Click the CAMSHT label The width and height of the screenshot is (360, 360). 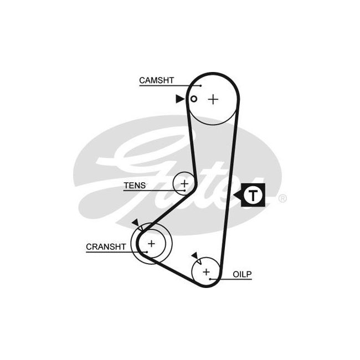[x=156, y=80]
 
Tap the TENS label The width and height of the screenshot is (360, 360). [x=135, y=186]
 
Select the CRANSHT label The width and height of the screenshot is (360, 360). [x=106, y=247]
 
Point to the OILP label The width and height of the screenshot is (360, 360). [x=242, y=274]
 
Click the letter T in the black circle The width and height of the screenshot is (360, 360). [x=253, y=196]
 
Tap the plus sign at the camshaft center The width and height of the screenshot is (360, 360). [x=213, y=99]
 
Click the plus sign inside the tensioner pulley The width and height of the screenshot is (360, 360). [x=184, y=183]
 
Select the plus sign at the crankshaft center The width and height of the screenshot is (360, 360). [x=151, y=243]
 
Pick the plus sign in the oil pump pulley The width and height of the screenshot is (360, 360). [x=206, y=272]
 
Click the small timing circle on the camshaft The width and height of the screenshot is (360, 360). [x=194, y=99]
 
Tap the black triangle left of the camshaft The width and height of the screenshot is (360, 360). [x=180, y=99]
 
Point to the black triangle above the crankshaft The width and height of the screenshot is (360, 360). [x=136, y=223]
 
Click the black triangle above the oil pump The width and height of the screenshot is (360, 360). [x=195, y=255]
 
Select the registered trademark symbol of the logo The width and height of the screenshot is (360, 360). [x=282, y=198]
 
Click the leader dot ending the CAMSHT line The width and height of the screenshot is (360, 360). [x=200, y=86]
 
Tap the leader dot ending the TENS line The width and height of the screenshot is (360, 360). [x=184, y=191]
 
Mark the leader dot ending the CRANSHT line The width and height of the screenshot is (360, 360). [x=147, y=252]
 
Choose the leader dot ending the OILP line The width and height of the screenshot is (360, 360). [x=210, y=279]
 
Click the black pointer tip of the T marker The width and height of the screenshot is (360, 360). [x=234, y=196]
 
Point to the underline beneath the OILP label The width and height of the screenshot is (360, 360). [x=231, y=279]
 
